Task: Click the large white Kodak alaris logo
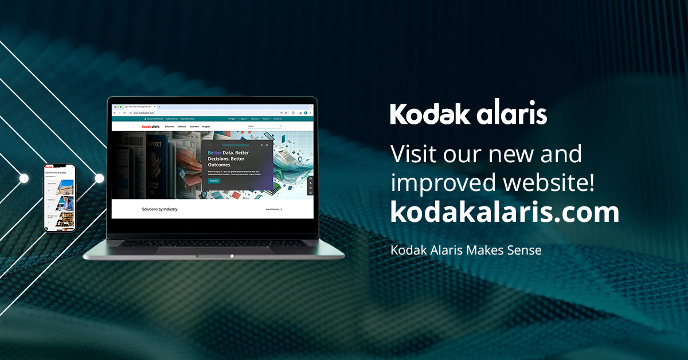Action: [468, 114]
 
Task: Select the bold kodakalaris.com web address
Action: [505, 213]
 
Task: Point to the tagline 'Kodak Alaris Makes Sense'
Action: [466, 250]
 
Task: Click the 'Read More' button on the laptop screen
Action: [214, 181]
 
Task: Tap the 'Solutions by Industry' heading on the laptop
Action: [159, 209]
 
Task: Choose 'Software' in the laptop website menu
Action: [182, 126]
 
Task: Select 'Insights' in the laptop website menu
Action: [206, 126]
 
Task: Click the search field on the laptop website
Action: [264, 126]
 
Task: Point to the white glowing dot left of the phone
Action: [24, 179]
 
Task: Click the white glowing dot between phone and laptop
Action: [99, 179]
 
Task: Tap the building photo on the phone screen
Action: [66, 186]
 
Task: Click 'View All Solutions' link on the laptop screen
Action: [273, 209]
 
